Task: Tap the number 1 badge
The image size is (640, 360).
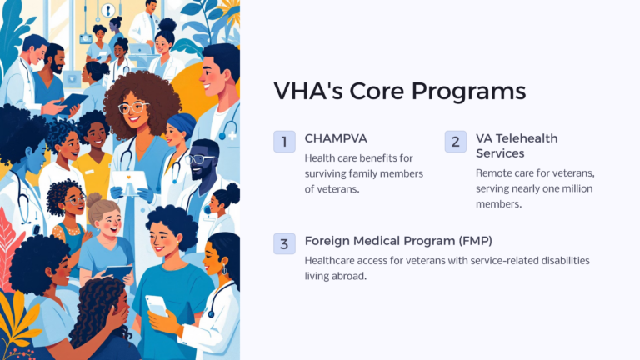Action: [284, 142]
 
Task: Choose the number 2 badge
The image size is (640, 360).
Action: [455, 142]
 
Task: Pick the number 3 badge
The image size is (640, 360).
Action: [284, 243]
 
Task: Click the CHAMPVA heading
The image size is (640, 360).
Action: [337, 138]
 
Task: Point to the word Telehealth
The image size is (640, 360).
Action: [527, 138]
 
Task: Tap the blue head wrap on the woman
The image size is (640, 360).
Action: [182, 126]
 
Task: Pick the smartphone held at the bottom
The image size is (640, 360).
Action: [156, 305]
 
